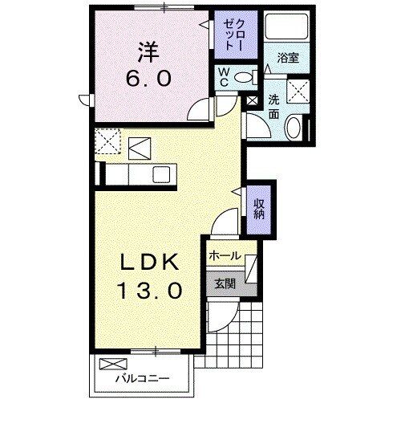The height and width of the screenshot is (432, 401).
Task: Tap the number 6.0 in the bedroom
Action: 148,79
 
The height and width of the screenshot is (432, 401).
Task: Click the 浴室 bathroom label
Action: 288,58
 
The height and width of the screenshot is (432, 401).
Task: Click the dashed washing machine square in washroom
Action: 299,91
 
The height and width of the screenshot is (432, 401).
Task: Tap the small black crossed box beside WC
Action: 252,102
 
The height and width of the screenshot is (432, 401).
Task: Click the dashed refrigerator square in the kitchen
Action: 106,143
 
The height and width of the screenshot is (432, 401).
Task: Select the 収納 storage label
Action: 260,210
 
